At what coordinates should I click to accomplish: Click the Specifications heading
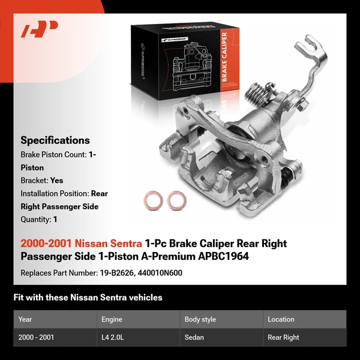tap(55, 140)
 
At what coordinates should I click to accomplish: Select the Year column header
tap(25, 319)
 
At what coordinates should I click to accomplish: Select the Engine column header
tap(113, 319)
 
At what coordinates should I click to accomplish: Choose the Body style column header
tap(200, 319)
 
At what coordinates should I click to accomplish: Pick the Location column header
tap(281, 319)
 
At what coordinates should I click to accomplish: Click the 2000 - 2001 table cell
tap(37, 337)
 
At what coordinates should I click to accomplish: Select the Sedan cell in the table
tap(194, 337)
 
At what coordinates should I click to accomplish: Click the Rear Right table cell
tap(283, 337)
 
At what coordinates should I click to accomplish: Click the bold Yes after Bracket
tap(57, 180)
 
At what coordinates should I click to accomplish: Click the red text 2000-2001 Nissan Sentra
tap(81, 244)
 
